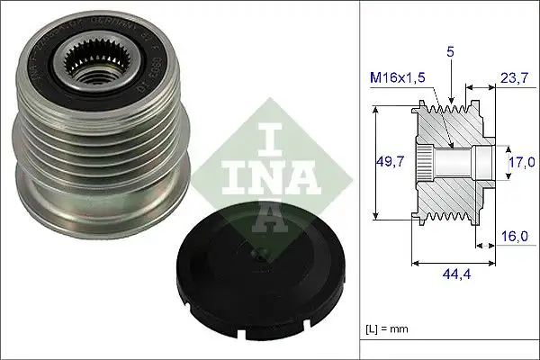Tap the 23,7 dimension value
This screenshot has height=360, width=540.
coord(513,78)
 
